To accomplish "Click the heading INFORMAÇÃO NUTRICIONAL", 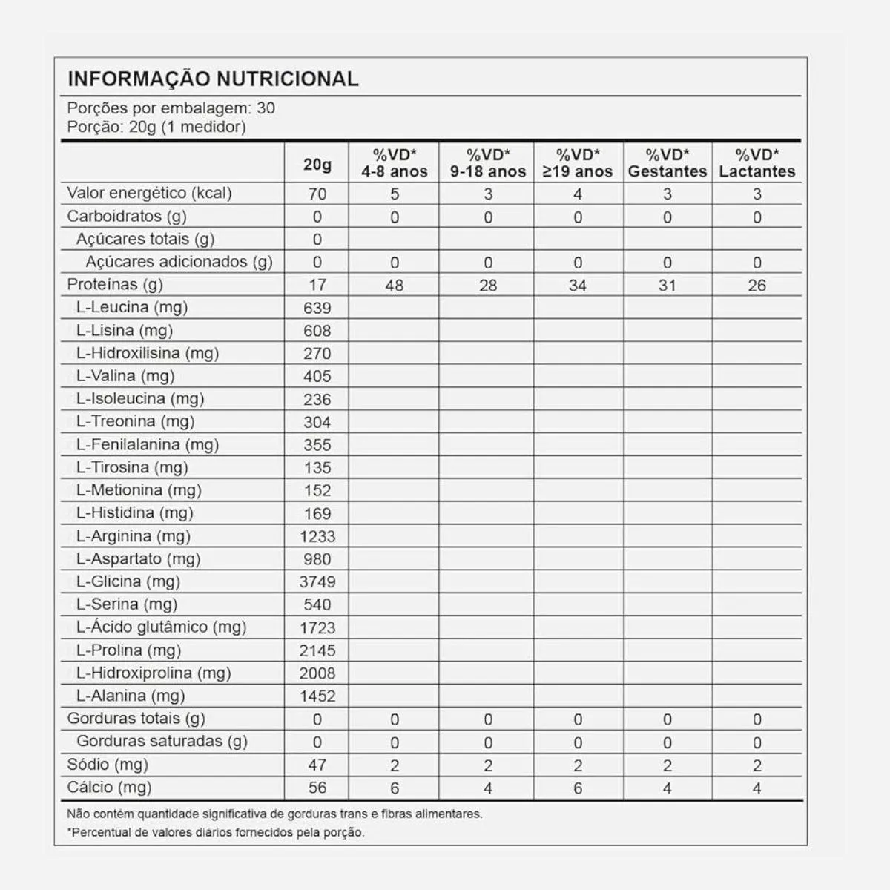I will pos(213,79).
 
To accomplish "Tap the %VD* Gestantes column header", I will pos(667,163).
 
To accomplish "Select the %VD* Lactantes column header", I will pos(756,163).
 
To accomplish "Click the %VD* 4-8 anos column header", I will pos(395,163).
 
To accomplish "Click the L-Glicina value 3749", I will pos(317,582).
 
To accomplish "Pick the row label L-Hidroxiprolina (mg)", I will pos(154,673).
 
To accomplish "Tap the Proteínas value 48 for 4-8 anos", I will pos(395,286).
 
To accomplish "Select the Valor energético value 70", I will pos(317,194).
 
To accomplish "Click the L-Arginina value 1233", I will pos(317,536).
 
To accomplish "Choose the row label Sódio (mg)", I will pos(108,765).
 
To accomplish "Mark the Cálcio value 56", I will pos(317,788).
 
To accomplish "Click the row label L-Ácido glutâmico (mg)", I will pos(161,627).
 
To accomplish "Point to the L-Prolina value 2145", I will pos(317,650).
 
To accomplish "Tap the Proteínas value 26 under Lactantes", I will pos(756,286).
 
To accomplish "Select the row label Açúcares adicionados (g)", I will pos(179,262).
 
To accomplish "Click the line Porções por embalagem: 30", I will pos(171,108).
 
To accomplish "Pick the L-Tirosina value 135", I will pos(317,468).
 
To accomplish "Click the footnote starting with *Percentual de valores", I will pos(216,832).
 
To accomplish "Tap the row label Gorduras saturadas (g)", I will pos(162,742).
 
